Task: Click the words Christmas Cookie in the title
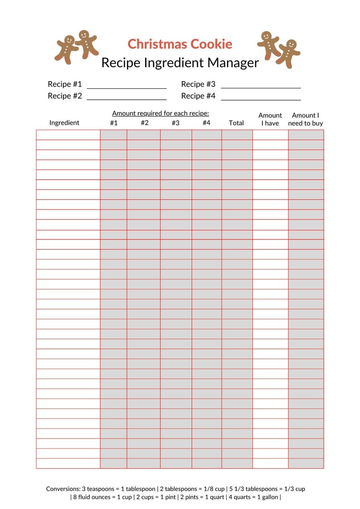coord(180,44)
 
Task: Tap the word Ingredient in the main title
coord(173,63)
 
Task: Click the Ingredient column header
coord(64,123)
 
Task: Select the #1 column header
coord(114,123)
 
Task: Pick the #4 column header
coord(206,123)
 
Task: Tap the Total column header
coord(236,123)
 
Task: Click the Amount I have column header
coord(270,119)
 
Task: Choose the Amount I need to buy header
coord(306,119)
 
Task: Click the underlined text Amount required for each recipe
coord(161,113)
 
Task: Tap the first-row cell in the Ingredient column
coord(68,135)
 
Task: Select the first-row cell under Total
coord(237,135)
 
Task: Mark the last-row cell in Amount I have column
coord(270,463)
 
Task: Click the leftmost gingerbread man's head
coord(69,40)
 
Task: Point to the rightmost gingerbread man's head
coord(292,44)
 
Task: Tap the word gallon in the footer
coord(270,497)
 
